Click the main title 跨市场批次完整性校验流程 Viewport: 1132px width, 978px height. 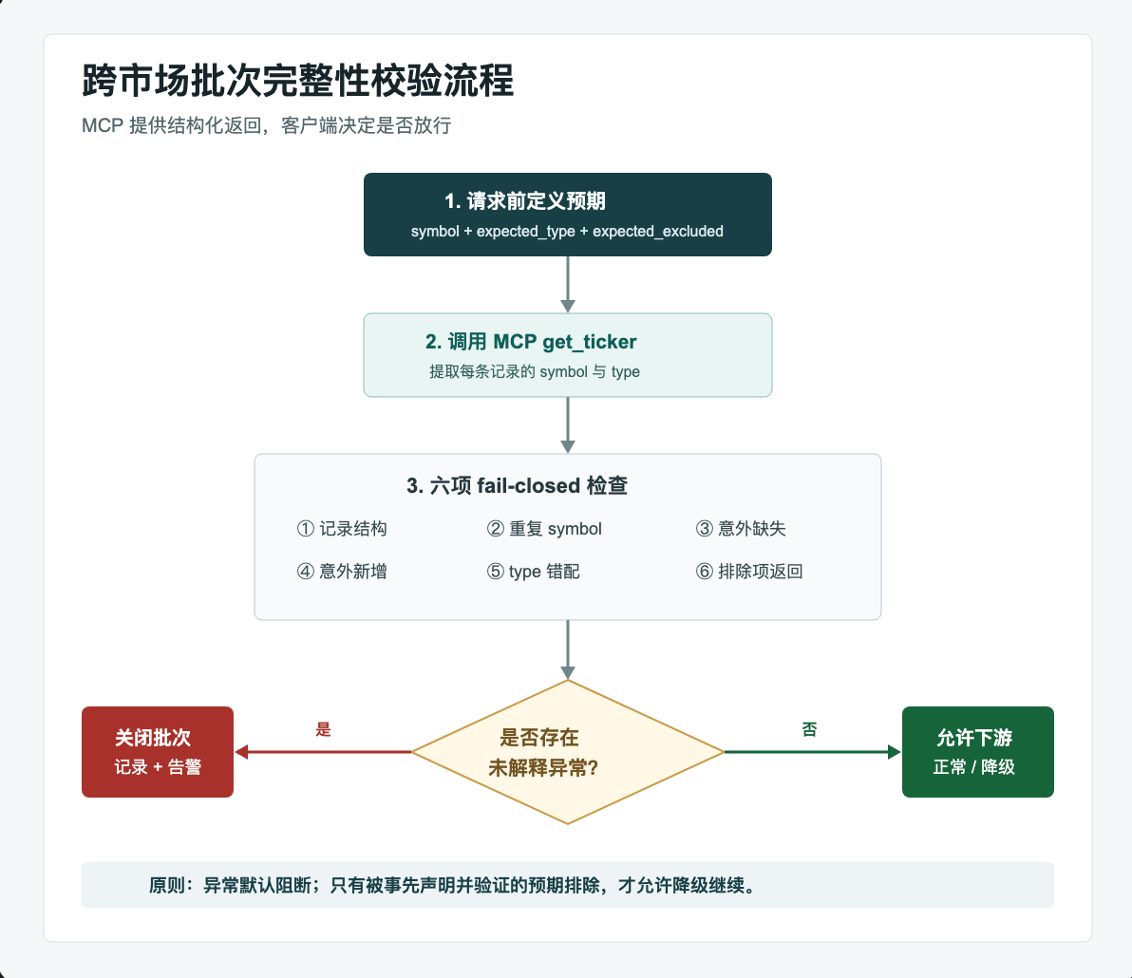click(297, 80)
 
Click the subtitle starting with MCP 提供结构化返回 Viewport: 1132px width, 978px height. click(267, 125)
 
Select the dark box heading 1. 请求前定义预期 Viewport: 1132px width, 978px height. click(568, 215)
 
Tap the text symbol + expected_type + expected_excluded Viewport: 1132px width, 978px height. click(567, 231)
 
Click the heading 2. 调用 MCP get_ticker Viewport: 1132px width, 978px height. click(531, 342)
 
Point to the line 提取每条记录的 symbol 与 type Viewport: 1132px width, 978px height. click(535, 371)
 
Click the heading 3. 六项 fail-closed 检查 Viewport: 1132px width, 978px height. click(517, 486)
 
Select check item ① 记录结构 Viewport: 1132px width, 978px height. click(342, 528)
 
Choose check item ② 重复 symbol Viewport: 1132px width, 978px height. click(543, 528)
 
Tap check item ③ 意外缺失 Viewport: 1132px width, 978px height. click(741, 528)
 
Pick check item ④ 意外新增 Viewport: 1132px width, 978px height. click(342, 572)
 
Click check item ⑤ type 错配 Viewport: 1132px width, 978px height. click(533, 572)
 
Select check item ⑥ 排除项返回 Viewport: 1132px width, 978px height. click(749, 572)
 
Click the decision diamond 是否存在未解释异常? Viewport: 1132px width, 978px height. click(568, 752)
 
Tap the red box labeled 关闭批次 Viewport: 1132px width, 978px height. click(158, 752)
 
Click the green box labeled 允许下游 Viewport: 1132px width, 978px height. click(977, 752)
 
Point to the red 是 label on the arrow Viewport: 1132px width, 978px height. click(323, 730)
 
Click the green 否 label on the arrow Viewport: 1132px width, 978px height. click(809, 730)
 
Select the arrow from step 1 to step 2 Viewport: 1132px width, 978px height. click(568, 284)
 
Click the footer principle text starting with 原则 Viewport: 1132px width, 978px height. click(453, 885)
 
